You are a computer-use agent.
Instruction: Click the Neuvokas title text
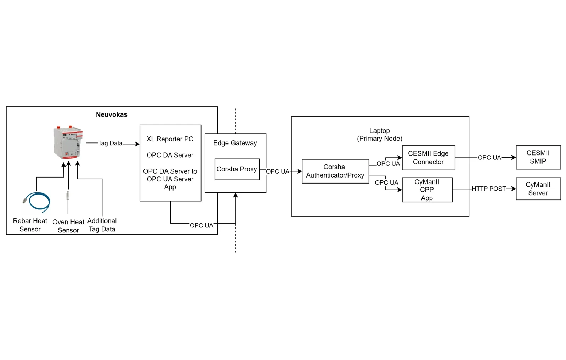click(x=112, y=114)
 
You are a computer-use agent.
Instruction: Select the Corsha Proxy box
click(x=237, y=169)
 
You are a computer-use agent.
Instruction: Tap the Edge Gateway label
click(x=235, y=143)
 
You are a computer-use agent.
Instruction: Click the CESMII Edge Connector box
click(x=428, y=158)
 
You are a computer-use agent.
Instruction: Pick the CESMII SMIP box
click(x=538, y=157)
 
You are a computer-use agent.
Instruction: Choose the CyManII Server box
click(x=538, y=189)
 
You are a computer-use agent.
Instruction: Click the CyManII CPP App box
click(x=427, y=190)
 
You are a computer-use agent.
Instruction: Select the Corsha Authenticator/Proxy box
click(x=335, y=171)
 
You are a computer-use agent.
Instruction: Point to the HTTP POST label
click(x=488, y=189)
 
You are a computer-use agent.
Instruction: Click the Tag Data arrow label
click(x=110, y=143)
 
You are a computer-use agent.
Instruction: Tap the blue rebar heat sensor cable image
click(x=37, y=202)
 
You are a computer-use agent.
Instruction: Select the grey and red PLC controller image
click(x=68, y=142)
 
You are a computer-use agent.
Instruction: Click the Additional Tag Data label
click(x=102, y=225)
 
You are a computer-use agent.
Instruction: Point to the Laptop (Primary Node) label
click(x=379, y=135)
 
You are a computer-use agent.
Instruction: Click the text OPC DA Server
click(x=170, y=155)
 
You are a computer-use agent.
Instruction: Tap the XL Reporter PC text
click(x=170, y=139)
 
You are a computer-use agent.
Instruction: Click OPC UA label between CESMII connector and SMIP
click(x=489, y=158)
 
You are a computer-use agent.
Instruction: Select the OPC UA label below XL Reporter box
click(x=201, y=225)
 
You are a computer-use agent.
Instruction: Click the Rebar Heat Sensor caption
click(x=30, y=225)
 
